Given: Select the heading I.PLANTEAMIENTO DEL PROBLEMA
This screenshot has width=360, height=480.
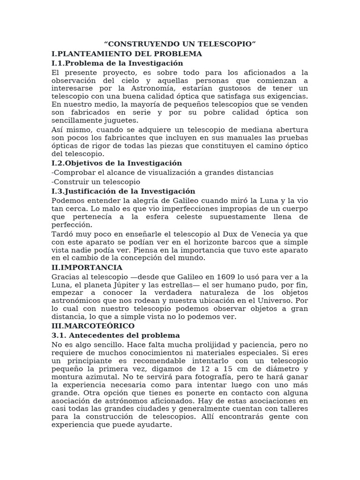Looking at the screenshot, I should click(127, 53).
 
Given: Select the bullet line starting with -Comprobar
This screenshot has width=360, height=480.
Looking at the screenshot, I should click(162, 172).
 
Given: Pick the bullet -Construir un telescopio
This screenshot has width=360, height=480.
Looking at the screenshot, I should click(96, 182).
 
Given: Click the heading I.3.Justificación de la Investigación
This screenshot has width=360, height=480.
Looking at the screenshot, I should click(123, 191).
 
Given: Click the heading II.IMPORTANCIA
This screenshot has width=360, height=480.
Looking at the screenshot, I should click(87, 267).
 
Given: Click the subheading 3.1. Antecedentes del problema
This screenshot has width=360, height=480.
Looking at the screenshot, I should click(115, 335).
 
